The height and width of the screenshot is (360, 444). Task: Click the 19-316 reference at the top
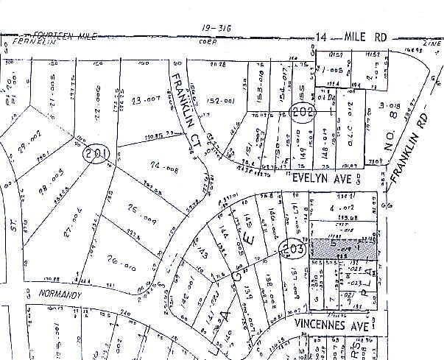click(216, 27)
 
